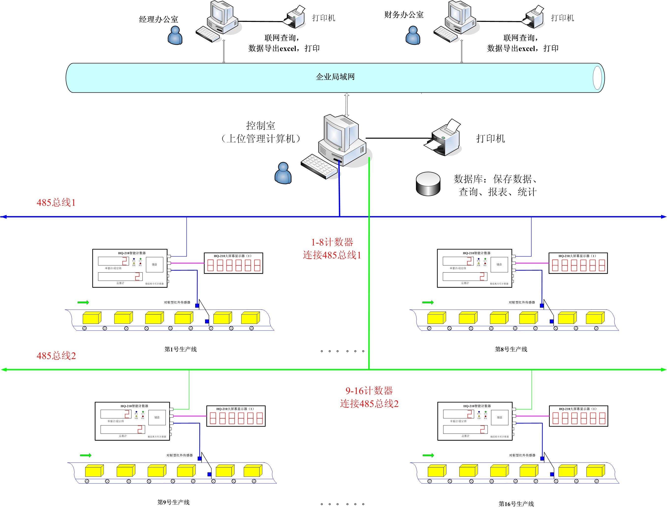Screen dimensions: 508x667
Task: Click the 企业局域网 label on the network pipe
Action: point(335,77)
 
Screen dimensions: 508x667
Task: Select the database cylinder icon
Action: point(428,184)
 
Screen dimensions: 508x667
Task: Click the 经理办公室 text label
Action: point(159,19)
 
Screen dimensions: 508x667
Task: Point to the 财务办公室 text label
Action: point(404,15)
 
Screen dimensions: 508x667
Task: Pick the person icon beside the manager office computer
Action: point(175,35)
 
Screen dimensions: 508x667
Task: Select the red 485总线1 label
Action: point(56,203)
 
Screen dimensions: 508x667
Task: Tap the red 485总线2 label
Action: point(56,356)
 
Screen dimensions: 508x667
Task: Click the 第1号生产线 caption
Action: point(181,349)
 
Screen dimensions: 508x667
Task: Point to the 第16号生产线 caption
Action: point(516,504)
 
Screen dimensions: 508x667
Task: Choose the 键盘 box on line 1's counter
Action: point(155,265)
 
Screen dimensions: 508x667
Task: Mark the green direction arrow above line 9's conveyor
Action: point(86,455)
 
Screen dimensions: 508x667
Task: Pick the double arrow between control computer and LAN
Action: point(347,105)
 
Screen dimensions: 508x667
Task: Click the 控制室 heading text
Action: point(260,126)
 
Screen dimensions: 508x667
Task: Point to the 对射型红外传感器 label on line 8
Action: point(522,302)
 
